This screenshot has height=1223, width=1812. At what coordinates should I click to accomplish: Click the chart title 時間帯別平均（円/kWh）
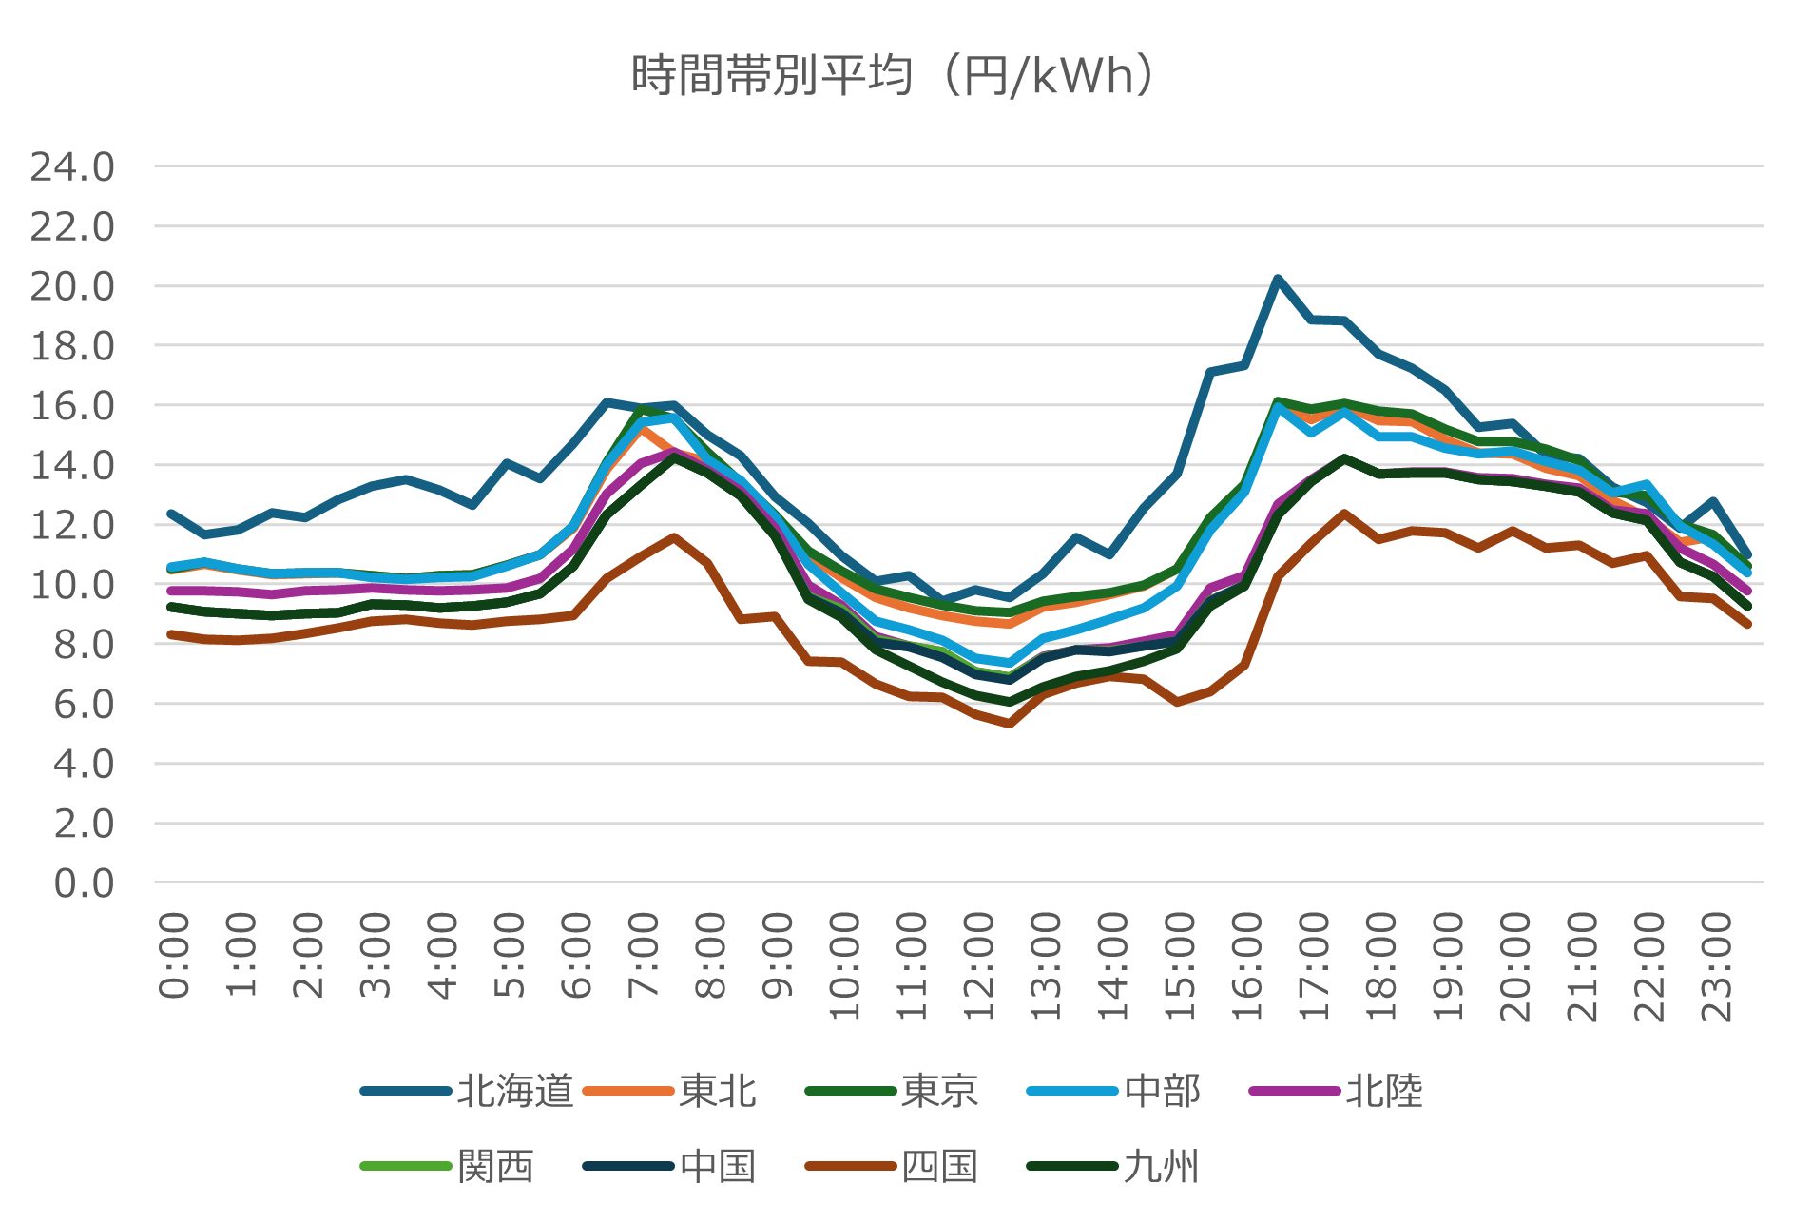894,76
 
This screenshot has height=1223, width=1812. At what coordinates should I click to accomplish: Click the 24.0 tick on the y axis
72,167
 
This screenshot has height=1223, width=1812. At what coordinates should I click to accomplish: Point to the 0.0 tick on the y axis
84,883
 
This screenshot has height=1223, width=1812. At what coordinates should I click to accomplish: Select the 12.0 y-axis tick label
72,525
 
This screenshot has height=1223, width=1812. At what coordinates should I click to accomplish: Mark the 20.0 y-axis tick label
72,286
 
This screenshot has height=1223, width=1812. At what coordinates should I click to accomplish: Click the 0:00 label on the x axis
174,956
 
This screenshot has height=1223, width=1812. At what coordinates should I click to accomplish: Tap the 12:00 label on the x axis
978,965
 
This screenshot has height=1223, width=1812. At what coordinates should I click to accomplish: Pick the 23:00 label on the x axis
1716,965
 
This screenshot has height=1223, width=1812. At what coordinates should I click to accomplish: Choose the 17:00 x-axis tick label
1314,965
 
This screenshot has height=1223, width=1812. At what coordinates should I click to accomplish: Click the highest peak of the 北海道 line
1278,279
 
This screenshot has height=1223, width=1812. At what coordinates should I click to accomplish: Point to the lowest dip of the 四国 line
1010,724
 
